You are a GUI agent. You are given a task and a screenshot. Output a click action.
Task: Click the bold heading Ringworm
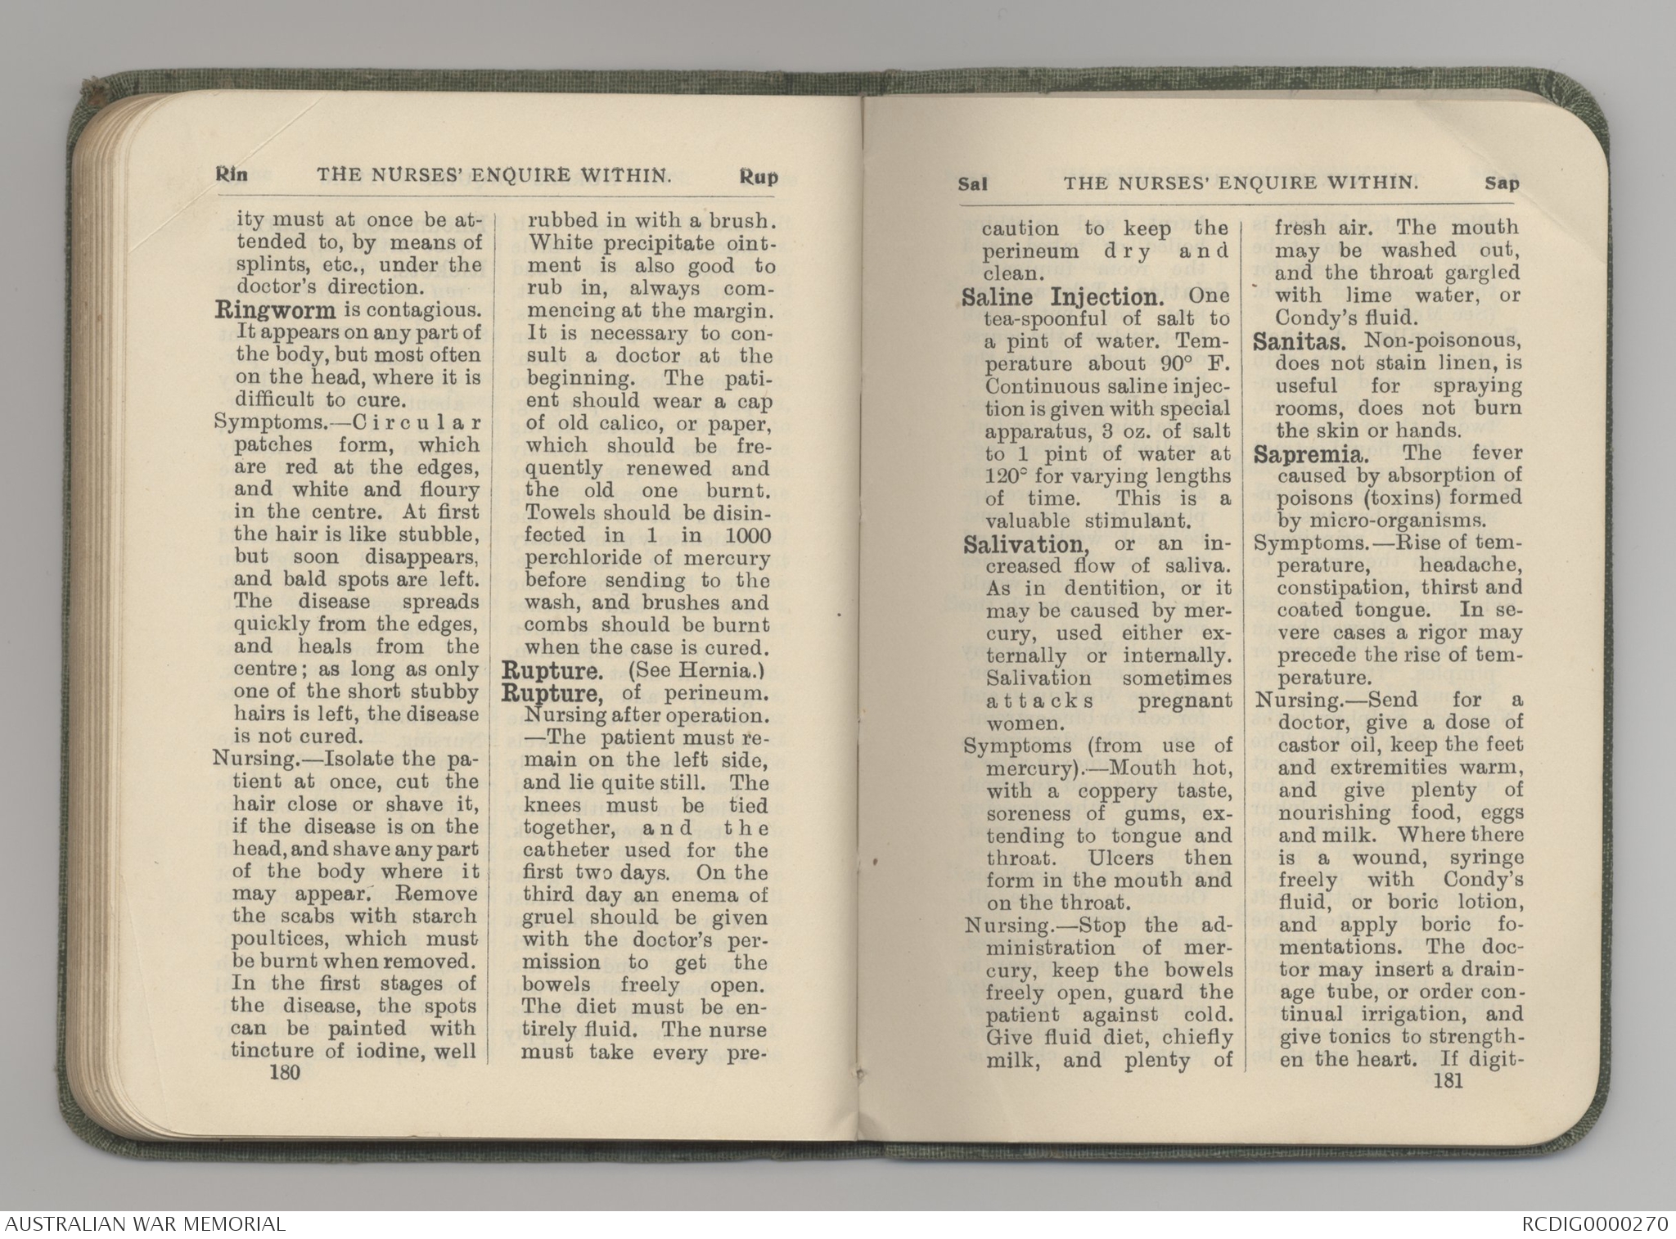(275, 311)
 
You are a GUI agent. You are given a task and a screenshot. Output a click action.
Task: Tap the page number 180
(285, 1072)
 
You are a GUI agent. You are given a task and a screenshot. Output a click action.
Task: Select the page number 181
(1448, 1081)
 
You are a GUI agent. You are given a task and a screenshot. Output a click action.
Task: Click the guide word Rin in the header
(231, 175)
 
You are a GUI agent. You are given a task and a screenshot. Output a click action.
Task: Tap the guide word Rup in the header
(758, 177)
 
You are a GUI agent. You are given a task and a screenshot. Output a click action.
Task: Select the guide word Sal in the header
(972, 185)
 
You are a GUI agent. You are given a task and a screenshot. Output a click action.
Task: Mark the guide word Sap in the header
(1502, 184)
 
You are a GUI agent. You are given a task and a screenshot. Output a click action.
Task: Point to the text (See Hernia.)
(696, 672)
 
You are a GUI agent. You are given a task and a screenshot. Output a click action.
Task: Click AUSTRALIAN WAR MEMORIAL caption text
(143, 1225)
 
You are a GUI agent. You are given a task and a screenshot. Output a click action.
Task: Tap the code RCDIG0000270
(1594, 1225)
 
